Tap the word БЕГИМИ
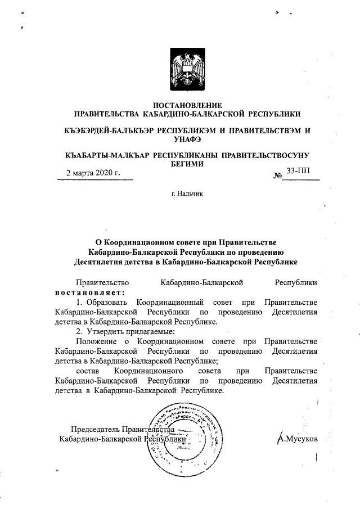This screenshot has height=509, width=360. coord(187,164)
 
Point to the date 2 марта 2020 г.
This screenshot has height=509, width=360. coord(93,173)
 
